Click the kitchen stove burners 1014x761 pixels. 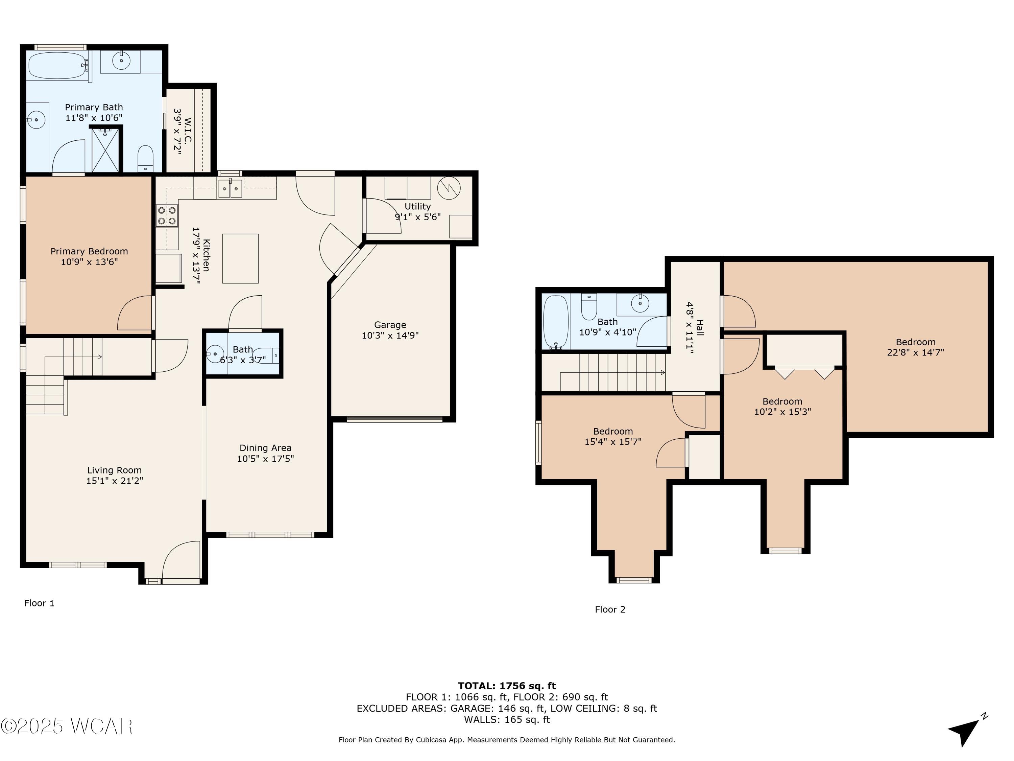tap(167, 215)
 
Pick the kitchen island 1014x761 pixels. tap(240, 258)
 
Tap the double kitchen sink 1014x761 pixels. tap(230, 188)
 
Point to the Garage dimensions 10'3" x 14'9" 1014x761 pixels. tap(390, 335)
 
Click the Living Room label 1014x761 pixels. tap(114, 470)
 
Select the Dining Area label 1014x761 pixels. tap(265, 448)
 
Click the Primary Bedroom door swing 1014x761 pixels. tap(136, 313)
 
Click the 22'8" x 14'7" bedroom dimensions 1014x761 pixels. tap(915, 352)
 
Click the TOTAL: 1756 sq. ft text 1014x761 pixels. tap(507, 686)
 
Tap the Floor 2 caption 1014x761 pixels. tap(610, 609)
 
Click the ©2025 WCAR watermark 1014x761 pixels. tap(67, 726)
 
